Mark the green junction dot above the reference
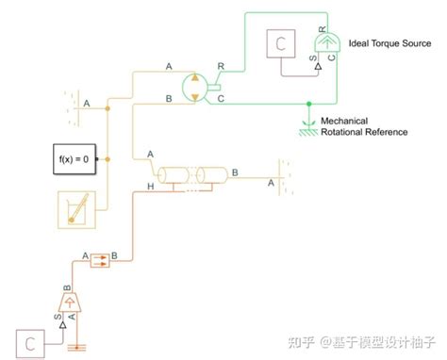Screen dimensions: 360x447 (308, 102)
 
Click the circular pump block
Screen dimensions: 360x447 (194, 84)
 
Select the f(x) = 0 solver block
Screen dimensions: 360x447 (73, 159)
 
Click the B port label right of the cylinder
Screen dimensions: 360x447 (235, 172)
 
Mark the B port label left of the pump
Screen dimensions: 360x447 (169, 98)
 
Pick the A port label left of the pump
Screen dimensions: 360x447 (169, 66)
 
